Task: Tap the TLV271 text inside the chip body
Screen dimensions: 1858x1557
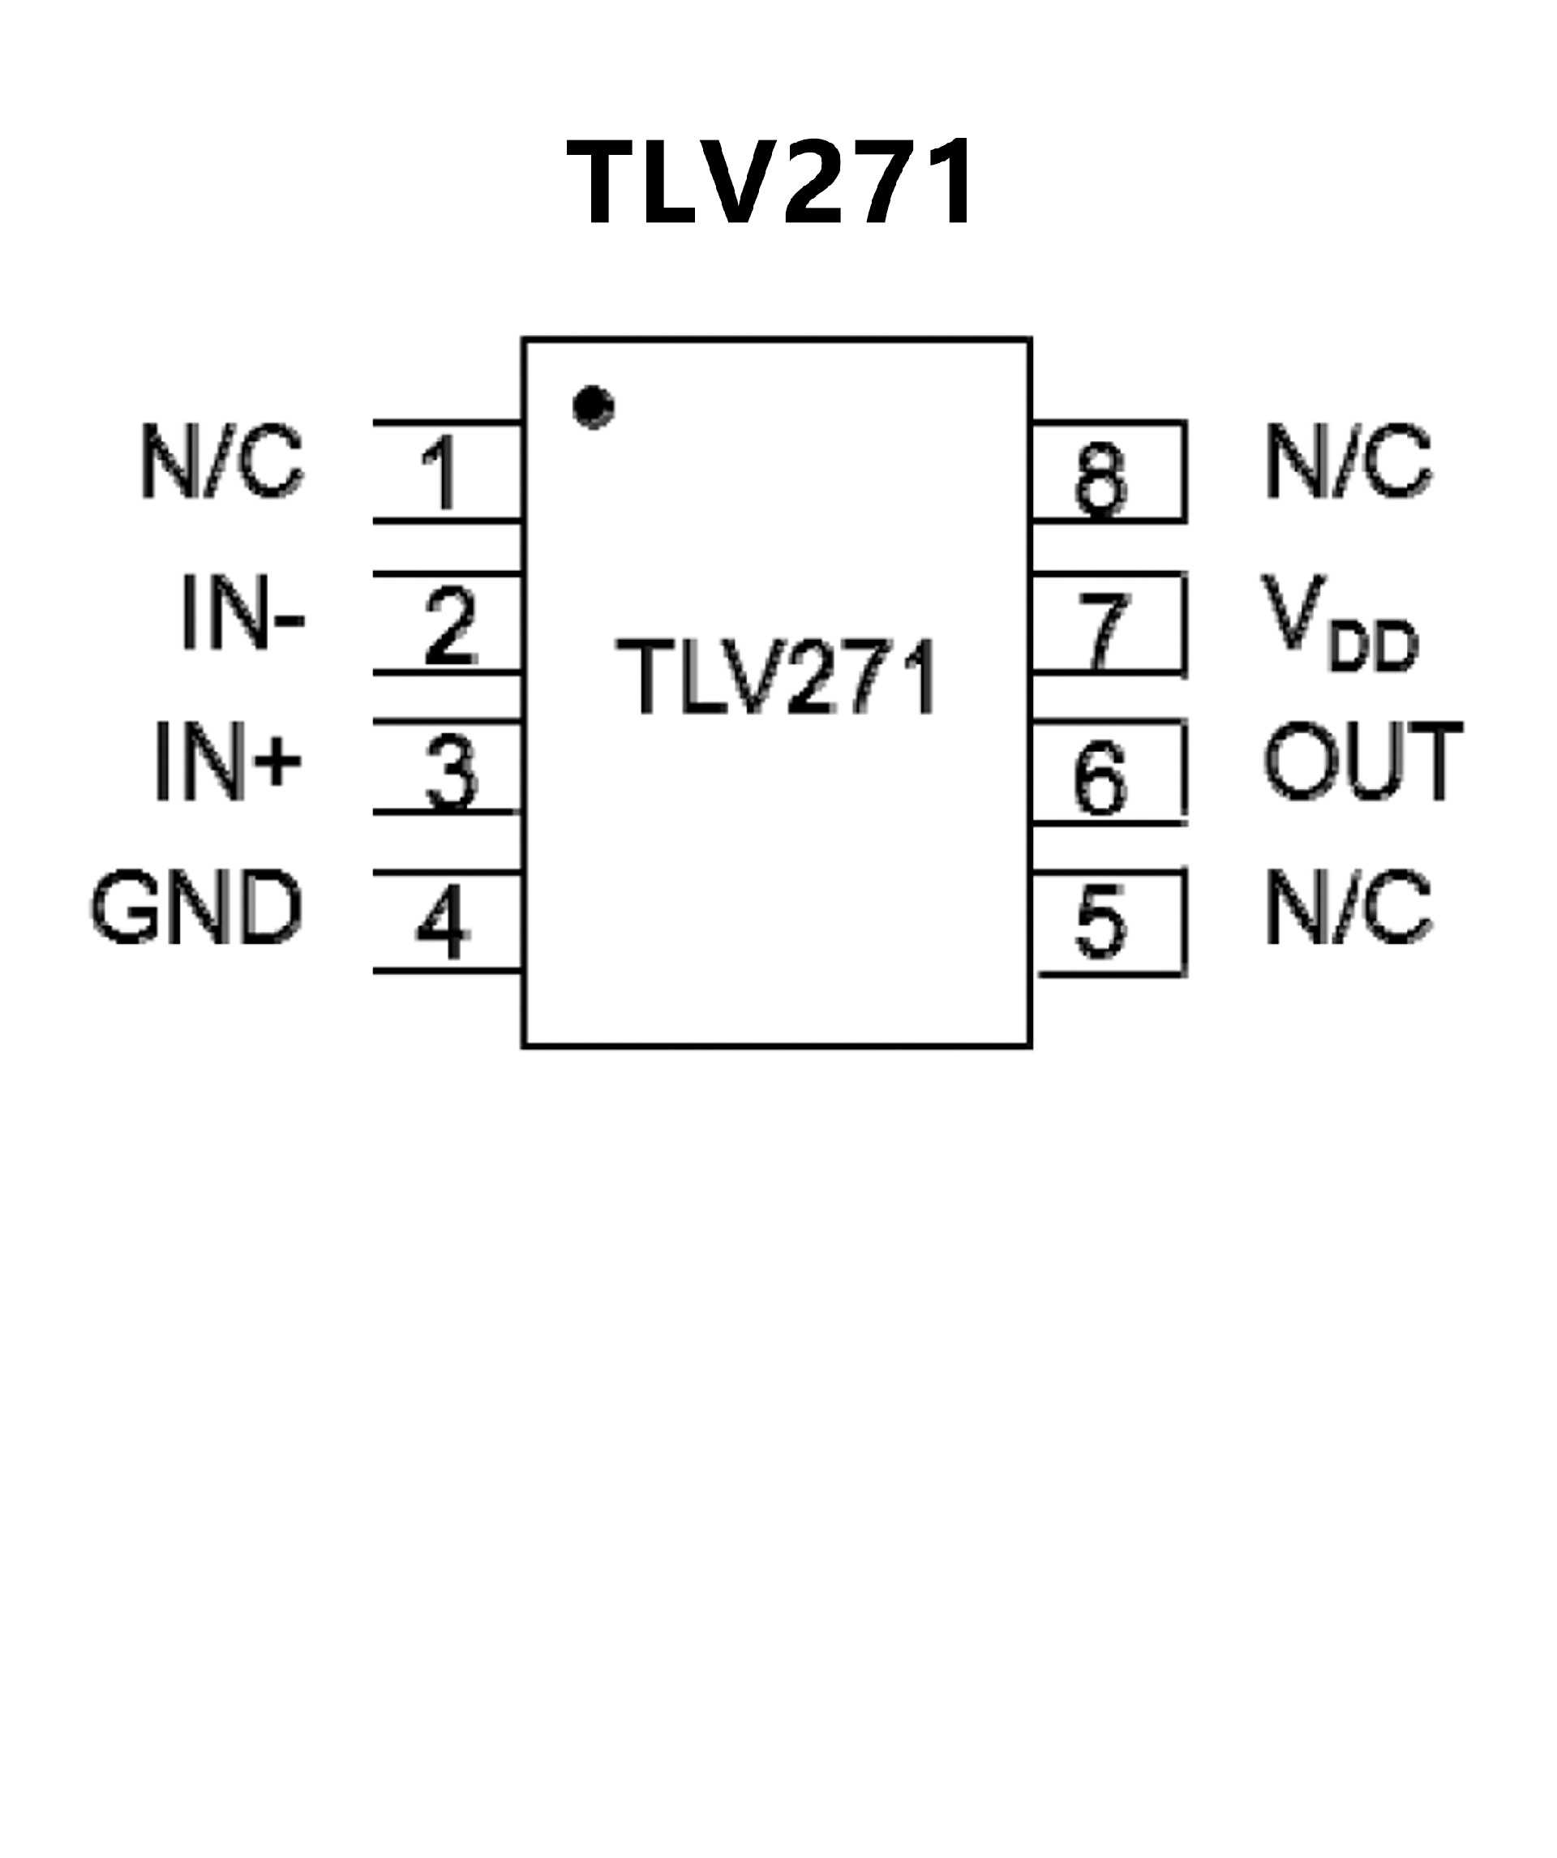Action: point(777,677)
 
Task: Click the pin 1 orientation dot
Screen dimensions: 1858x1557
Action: point(593,407)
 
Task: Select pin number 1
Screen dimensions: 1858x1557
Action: point(440,473)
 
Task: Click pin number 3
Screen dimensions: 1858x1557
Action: point(451,773)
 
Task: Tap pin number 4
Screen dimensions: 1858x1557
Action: point(442,922)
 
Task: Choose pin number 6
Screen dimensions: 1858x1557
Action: point(1100,778)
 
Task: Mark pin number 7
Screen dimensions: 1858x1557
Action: point(1103,630)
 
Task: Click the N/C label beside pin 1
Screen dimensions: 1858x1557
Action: point(221,461)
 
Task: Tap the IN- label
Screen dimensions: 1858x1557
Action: point(242,612)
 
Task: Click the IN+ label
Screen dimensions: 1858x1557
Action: point(228,761)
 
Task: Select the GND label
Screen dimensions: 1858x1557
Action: point(196,907)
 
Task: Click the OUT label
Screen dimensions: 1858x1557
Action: point(1363,761)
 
